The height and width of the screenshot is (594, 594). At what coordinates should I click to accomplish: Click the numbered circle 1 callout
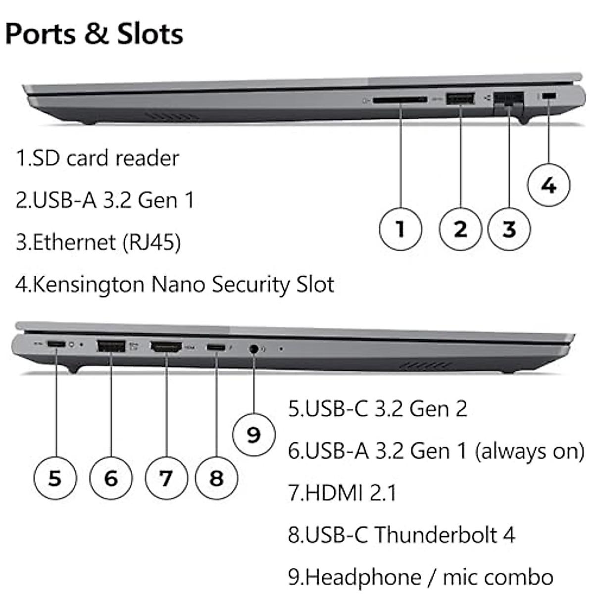pyautogui.click(x=400, y=229)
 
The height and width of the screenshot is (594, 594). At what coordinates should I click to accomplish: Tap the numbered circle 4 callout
pyautogui.click(x=548, y=185)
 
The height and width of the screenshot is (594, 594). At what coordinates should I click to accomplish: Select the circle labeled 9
pyautogui.click(x=254, y=435)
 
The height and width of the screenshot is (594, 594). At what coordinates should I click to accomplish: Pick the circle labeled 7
pyautogui.click(x=166, y=478)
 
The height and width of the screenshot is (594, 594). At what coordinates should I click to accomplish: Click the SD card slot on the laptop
pyautogui.click(x=400, y=100)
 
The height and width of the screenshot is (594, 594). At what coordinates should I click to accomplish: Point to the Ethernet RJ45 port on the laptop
pyautogui.click(x=509, y=102)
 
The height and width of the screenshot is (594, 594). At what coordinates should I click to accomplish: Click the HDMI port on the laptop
pyautogui.click(x=166, y=347)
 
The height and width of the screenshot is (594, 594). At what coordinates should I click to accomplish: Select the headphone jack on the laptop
pyautogui.click(x=253, y=349)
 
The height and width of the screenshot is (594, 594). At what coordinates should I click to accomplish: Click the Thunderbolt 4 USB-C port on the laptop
pyautogui.click(x=216, y=347)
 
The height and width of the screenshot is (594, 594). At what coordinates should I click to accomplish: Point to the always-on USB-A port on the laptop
pyautogui.click(x=111, y=346)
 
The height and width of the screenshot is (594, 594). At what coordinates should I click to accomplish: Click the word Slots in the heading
pyautogui.click(x=150, y=34)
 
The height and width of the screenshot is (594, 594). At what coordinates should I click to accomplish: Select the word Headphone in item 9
pyautogui.click(x=363, y=577)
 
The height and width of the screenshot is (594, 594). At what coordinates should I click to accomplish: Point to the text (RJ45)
pyautogui.click(x=151, y=242)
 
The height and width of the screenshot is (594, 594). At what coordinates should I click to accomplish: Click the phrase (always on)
pyautogui.click(x=529, y=451)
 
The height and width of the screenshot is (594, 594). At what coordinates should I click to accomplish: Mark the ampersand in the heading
pyautogui.click(x=96, y=34)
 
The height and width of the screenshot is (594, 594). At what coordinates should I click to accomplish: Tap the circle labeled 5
pyautogui.click(x=55, y=478)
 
